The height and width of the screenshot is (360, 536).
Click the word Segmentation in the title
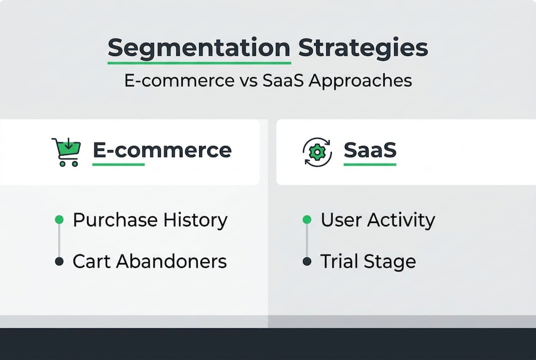(199, 48)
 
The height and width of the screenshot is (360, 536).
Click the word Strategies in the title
(363, 48)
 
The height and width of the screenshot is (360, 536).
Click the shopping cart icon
(66, 152)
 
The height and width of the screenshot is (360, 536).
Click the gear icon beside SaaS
(317, 152)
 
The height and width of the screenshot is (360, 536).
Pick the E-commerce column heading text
(162, 150)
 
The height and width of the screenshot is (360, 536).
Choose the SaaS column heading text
(370, 150)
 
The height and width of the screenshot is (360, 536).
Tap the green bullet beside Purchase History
(59, 219)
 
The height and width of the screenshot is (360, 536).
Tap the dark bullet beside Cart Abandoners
(59, 261)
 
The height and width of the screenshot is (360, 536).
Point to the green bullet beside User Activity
(307, 219)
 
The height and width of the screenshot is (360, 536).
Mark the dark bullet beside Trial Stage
(307, 261)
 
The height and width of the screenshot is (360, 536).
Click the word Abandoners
(171, 261)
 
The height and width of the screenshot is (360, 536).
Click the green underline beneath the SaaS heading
(370, 164)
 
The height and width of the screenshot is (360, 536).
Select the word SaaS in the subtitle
(283, 81)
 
